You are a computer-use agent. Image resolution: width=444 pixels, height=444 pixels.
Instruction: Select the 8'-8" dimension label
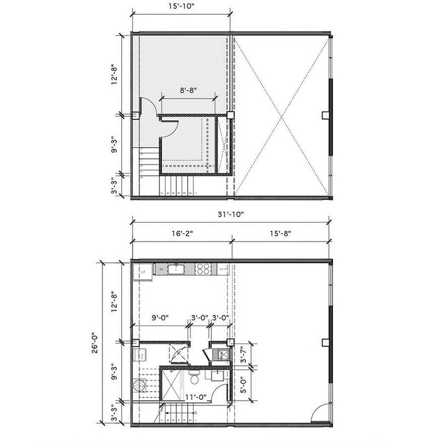[x=188, y=90]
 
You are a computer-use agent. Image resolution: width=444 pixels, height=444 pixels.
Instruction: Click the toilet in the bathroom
[x=194, y=378]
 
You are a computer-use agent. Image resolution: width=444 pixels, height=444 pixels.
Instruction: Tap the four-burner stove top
[x=203, y=269]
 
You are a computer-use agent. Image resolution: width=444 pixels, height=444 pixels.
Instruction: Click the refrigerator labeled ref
[x=142, y=272]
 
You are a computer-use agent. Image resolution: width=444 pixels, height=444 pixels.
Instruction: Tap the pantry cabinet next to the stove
[x=223, y=269]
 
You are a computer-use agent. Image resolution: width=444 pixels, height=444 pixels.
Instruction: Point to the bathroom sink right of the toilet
[x=216, y=377]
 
